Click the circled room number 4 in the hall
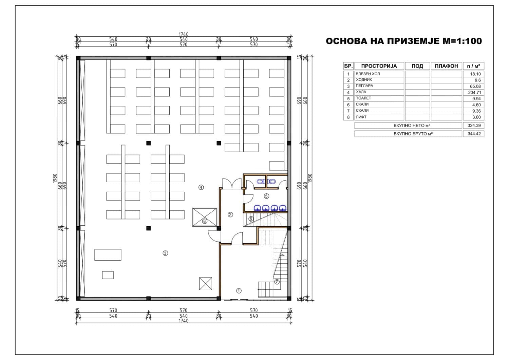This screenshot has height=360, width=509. tap(201, 187)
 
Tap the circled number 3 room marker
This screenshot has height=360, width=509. tap(165, 253)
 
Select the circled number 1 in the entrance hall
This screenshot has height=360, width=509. tap(239, 290)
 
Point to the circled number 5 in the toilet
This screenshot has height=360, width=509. tap(266, 196)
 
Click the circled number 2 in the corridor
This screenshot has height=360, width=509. tap(230, 214)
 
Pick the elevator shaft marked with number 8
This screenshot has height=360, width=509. tap(205, 217)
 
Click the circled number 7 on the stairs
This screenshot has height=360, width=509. tap(277, 282)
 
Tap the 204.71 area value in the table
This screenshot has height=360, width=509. tap(474, 93)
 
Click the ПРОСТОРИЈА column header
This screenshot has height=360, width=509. tap(379, 66)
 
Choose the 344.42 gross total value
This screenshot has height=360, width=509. tap(474, 134)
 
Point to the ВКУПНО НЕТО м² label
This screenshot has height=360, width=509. tap(412, 126)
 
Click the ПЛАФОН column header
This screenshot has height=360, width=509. tap(446, 66)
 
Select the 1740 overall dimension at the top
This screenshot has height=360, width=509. tap(183, 34)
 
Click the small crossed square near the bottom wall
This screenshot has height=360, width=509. tap(205, 283)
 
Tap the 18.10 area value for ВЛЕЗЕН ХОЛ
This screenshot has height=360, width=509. tap(475, 74)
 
